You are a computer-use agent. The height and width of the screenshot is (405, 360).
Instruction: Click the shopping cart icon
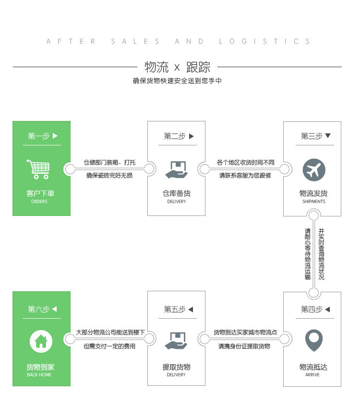point(39,169)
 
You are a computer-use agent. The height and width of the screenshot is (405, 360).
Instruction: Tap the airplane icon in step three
point(314,170)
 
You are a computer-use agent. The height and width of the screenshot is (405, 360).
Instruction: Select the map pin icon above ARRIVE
point(314,340)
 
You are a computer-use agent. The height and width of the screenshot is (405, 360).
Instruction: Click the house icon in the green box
point(41,341)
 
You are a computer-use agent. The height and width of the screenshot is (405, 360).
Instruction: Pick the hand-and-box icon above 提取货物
point(176,340)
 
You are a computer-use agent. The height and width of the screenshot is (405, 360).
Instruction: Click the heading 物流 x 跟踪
point(177,67)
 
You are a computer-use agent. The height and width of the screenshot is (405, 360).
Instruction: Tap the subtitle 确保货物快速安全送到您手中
point(177,81)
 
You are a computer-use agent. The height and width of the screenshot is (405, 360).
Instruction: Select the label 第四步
point(312,310)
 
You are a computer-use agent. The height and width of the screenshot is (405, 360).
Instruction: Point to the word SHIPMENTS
point(313,202)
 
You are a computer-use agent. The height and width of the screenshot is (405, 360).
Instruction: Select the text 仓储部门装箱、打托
point(109,163)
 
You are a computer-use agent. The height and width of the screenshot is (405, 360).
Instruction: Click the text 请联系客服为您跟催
point(245,175)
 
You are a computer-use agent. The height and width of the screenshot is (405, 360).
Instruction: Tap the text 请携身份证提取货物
point(244,346)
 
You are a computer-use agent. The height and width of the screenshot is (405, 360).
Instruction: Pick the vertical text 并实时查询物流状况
point(321,254)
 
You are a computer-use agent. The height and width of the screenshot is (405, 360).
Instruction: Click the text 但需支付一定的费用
point(109,346)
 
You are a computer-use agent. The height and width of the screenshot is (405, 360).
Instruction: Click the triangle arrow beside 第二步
point(192,136)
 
